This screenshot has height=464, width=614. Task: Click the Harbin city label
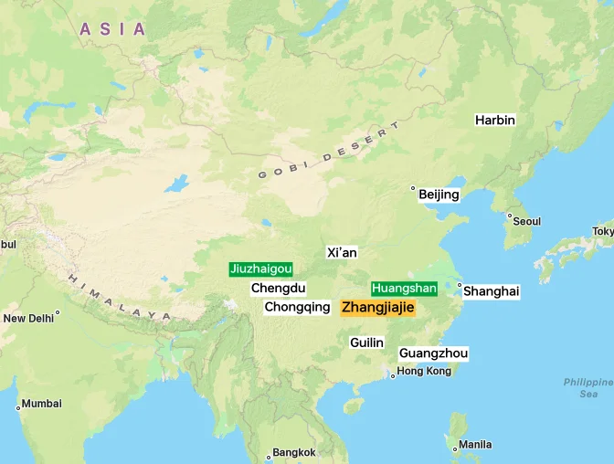coord(495,120)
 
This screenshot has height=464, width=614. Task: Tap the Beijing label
coord(439,195)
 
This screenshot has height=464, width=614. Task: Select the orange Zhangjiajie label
coord(377,308)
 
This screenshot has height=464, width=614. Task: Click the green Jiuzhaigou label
coord(261,269)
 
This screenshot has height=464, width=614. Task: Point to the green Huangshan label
coord(404,288)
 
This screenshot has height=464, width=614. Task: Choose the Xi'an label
coord(342,252)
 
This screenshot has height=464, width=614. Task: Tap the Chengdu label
coord(278,288)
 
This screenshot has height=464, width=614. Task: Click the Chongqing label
coord(297,307)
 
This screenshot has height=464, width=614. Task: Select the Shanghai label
coord(491,291)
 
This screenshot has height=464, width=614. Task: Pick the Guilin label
coord(366,343)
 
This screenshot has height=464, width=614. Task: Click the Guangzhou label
coord(433,353)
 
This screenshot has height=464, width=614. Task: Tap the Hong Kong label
coord(424,371)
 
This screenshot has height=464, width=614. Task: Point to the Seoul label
coord(527,221)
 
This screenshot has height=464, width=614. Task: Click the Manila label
coord(475,445)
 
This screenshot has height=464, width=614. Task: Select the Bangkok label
coord(294,452)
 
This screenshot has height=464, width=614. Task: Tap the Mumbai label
coord(42,403)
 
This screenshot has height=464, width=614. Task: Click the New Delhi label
coord(28,318)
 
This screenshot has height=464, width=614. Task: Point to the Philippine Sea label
coord(588,387)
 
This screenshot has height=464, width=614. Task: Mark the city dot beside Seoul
coord(509,216)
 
